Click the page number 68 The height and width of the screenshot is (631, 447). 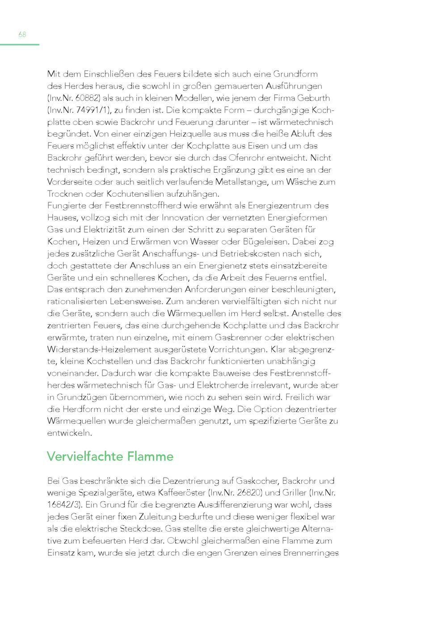point(22,34)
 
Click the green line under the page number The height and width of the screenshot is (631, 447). point(20,45)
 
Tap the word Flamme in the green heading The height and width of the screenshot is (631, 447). point(150,457)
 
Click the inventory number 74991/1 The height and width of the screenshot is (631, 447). point(91,110)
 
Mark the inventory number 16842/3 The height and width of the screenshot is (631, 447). point(64,505)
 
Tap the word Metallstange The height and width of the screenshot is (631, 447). point(243,182)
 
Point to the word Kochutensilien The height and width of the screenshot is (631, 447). point(135,194)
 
